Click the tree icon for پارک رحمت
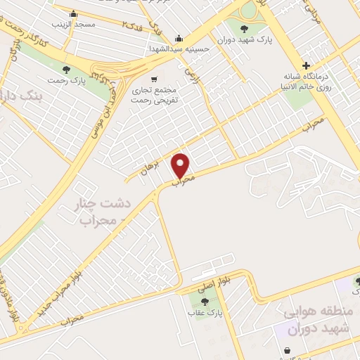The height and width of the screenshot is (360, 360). pos(66,69)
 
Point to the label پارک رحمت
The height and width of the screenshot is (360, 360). pos(66,80)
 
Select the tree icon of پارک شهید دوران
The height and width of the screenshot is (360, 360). pos(244,29)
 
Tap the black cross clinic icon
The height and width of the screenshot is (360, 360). pos(305,64)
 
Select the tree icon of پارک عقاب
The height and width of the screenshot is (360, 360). pos(205,301)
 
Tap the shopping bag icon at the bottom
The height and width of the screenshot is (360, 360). pos(288,350)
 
